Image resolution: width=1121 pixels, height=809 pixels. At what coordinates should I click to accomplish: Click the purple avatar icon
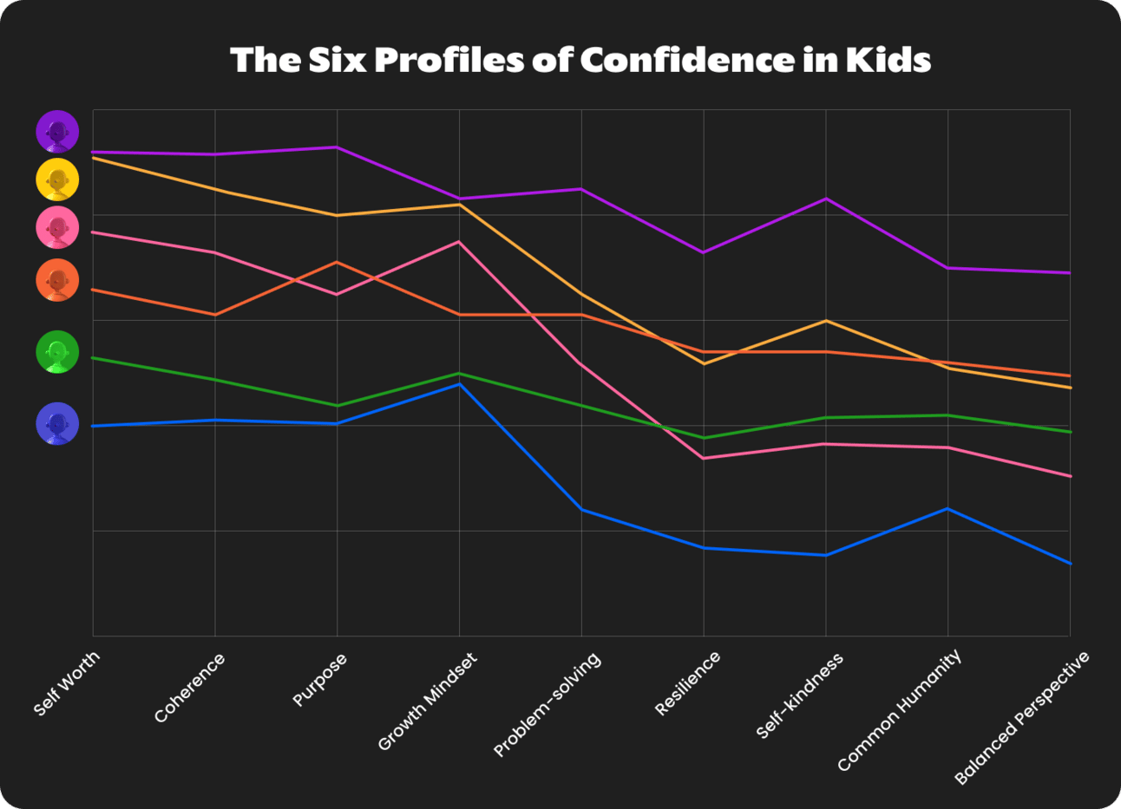[x=57, y=132]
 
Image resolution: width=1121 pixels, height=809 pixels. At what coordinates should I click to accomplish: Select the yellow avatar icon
[x=57, y=179]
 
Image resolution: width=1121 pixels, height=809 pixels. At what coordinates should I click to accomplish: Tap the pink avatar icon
[x=57, y=228]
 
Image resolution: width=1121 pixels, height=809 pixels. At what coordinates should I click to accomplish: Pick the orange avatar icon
[x=57, y=280]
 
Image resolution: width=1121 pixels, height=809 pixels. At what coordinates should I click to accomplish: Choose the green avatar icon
[x=57, y=352]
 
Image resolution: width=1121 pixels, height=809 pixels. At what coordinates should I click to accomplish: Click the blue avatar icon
[x=57, y=424]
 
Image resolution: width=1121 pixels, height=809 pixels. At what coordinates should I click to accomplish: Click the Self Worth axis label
[x=67, y=683]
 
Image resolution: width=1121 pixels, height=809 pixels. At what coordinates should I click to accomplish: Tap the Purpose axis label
[x=319, y=681]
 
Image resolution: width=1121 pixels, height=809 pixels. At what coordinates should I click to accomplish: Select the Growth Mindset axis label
[x=428, y=701]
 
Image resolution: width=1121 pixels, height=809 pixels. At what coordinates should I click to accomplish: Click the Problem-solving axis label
[x=547, y=705]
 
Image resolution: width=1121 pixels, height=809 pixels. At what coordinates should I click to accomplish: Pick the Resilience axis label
[x=687, y=683]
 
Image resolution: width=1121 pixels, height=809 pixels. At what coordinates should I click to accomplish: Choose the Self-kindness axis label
[x=799, y=696]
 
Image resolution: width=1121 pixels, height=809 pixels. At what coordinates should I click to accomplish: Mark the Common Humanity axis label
[x=900, y=710]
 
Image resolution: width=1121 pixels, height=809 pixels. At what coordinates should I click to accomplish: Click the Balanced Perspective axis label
[x=1021, y=719]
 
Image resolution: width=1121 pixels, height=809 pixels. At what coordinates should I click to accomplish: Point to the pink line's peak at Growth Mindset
[x=459, y=242]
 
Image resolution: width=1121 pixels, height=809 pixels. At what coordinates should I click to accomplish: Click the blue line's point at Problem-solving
[x=581, y=510]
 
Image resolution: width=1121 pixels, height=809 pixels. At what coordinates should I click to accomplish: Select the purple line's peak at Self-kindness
[x=825, y=199]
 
